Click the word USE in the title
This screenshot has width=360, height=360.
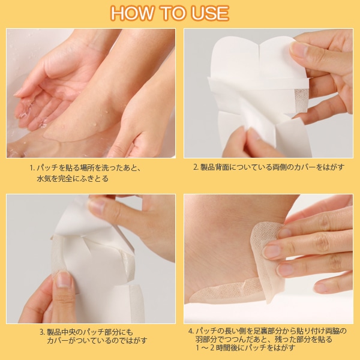(x=211, y=13)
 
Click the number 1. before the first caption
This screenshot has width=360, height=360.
(x=32, y=168)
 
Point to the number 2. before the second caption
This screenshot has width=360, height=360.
(x=196, y=167)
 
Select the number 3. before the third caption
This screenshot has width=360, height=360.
(x=43, y=332)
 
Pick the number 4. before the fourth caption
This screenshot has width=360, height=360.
(x=191, y=331)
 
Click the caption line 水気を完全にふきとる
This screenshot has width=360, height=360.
(x=73, y=179)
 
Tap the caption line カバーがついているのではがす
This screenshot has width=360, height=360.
(x=97, y=340)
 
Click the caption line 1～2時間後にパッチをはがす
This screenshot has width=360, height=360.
(x=245, y=347)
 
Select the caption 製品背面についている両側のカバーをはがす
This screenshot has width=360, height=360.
(x=272, y=167)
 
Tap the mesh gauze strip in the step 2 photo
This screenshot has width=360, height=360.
(x=301, y=100)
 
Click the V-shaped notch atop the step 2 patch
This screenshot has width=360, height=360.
(x=259, y=47)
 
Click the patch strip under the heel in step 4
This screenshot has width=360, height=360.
(x=227, y=290)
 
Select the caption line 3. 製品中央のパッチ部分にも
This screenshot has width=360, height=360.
(x=86, y=332)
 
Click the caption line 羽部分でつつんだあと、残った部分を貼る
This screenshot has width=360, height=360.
(x=264, y=340)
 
